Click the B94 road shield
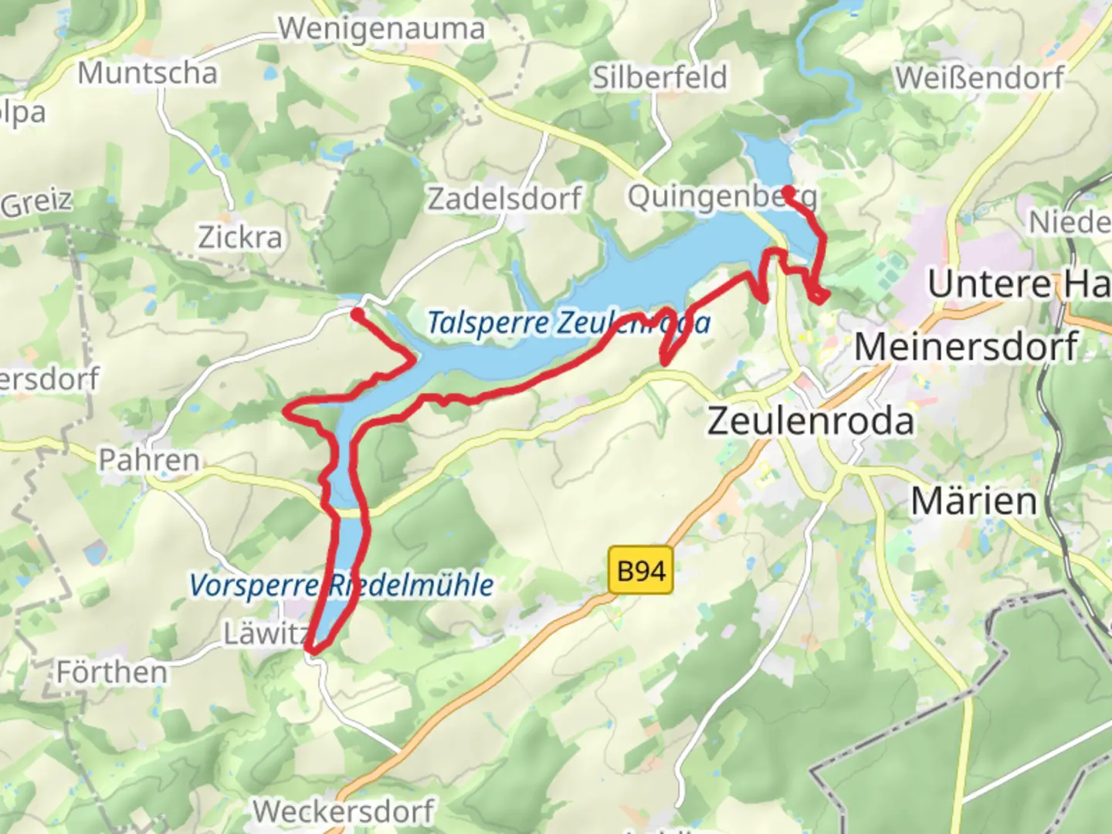point(641,571)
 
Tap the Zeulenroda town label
point(811,421)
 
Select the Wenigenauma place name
point(381,29)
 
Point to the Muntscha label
point(147,73)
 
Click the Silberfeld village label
point(659,77)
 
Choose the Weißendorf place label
point(979,78)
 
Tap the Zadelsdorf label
point(504,198)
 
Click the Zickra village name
point(240,237)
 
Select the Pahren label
point(149,460)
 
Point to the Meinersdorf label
point(966,346)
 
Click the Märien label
point(975,501)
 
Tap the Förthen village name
point(112,672)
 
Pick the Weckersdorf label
point(344,811)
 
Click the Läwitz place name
point(265,634)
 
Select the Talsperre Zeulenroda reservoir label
point(568,322)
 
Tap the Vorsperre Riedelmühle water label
point(341,585)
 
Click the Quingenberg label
point(721,197)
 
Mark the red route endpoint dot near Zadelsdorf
point(358,314)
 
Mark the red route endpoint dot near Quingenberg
point(788,191)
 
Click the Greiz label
point(36,202)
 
